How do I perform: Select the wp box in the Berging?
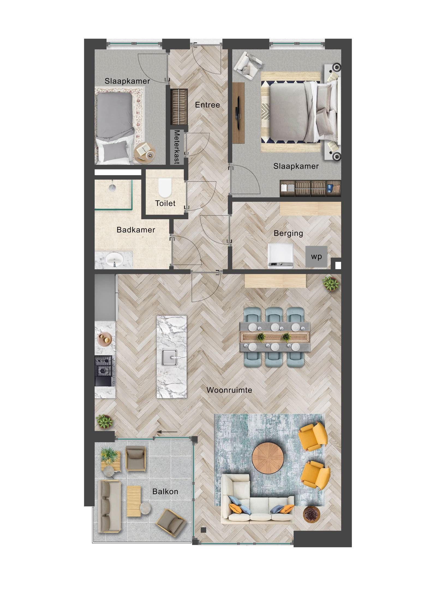316,257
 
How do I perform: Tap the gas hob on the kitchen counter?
103,366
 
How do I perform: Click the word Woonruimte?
229,390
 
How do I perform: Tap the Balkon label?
165,491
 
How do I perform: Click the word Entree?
207,105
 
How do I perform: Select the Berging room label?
288,233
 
